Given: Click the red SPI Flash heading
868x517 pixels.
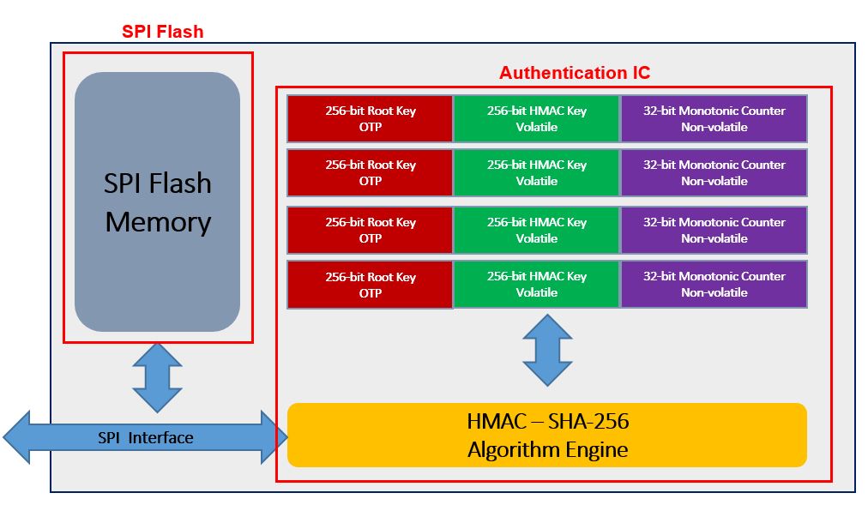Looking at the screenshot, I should [163, 33].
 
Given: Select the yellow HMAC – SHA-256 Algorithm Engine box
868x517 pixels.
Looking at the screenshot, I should [547, 435].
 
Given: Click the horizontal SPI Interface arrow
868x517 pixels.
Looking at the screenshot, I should [146, 438].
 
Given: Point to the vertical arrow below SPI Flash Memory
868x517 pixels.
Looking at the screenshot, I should [157, 377].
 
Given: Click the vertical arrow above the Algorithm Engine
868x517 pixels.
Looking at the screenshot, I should [547, 350].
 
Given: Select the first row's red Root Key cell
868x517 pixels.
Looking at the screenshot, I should [370, 118].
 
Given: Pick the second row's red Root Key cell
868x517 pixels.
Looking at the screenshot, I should [370, 172].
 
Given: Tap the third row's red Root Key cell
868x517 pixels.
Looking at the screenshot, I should [370, 230].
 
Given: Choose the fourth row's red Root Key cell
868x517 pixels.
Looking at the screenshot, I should [370, 284].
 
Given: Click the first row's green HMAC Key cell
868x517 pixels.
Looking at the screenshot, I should [536, 118].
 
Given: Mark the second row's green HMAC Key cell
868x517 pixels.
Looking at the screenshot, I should [536, 172].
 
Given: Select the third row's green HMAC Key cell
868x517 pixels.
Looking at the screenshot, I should [536, 230].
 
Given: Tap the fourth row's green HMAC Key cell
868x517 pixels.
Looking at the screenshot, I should [536, 284].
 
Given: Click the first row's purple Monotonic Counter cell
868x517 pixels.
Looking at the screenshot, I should [714, 118].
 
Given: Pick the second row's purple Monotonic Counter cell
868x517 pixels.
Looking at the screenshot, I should [714, 172].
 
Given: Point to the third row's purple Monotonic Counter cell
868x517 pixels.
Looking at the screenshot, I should [714, 230].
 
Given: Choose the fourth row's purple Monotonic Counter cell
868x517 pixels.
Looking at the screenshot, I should [714, 284].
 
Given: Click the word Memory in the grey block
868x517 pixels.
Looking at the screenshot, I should [158, 222].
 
